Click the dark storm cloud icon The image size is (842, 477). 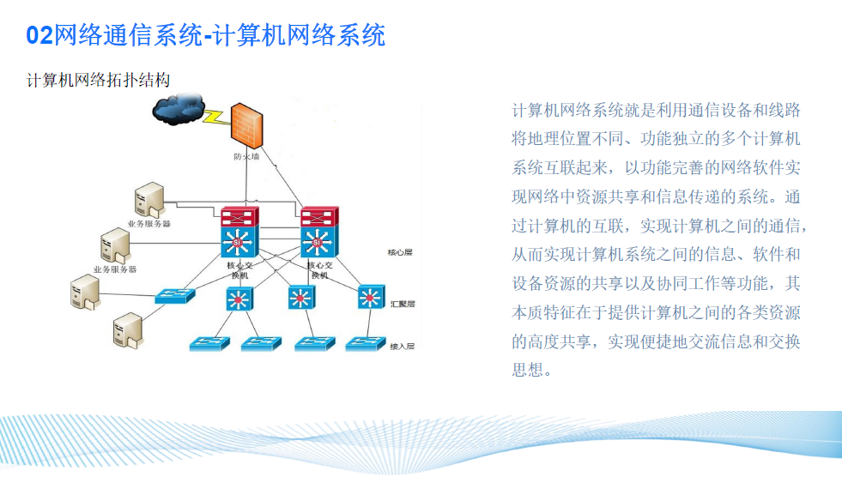[x=178, y=109]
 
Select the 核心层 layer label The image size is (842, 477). [x=401, y=253]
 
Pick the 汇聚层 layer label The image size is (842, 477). [x=403, y=304]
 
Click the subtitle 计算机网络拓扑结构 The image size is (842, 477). [x=99, y=80]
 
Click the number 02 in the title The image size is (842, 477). [x=39, y=35]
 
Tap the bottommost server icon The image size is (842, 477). [x=128, y=330]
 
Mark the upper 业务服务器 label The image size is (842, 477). [x=149, y=224]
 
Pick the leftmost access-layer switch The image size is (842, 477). [x=209, y=342]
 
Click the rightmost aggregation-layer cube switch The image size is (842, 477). [x=370, y=297]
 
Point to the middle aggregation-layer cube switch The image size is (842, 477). [x=300, y=298]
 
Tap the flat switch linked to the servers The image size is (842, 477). [x=175, y=296]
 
